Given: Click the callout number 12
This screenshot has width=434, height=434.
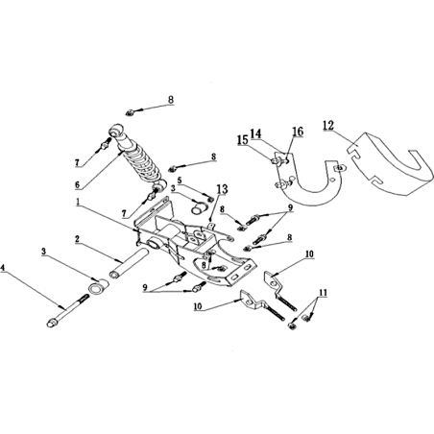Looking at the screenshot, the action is point(328,125).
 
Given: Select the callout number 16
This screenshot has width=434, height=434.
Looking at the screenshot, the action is point(298,132).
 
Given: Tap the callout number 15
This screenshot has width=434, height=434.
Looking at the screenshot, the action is point(243,139).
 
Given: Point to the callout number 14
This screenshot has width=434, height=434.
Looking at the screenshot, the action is point(255,133).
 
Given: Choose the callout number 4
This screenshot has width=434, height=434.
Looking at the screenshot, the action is point(3,267).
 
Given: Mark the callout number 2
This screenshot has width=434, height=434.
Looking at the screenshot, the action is point(77,239).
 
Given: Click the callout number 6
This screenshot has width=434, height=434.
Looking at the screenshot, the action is point(77,184).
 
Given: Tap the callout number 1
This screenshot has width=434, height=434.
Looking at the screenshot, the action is point(78,202).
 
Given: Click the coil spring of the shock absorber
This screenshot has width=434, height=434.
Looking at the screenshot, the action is point(141,164).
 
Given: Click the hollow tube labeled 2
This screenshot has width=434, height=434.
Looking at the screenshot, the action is point(130,262).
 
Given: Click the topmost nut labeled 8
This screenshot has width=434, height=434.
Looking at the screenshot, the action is point(130,112).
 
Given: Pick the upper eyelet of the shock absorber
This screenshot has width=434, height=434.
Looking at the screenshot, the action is point(115,131).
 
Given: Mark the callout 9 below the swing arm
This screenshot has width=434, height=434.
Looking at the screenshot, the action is point(146,287).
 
